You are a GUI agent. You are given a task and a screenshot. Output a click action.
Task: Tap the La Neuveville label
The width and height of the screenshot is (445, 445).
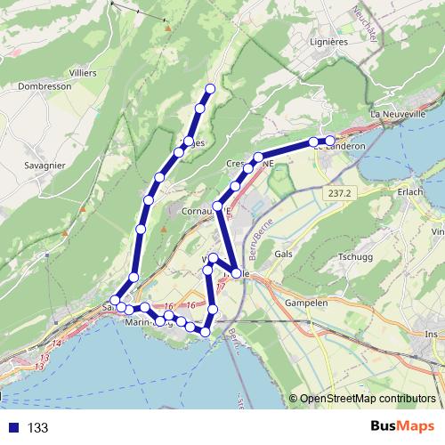[400, 114]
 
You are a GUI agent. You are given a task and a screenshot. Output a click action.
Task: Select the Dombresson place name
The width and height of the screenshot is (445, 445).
[44, 87]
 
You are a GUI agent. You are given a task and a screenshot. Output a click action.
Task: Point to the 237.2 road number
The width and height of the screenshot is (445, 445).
[339, 192]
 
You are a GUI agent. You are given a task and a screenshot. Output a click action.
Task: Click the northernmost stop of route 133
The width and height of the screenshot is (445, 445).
[211, 88]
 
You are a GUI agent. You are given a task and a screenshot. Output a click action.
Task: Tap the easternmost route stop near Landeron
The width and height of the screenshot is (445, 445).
[330, 142]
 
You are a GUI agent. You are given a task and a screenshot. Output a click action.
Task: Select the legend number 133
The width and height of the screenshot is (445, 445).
[37, 428]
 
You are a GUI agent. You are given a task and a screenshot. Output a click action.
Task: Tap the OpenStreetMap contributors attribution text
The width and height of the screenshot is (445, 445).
[368, 399]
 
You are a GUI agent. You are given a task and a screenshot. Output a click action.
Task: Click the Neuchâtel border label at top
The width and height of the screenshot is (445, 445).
[367, 22]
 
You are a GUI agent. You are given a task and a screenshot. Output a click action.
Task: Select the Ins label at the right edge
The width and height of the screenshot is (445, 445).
[432, 334]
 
